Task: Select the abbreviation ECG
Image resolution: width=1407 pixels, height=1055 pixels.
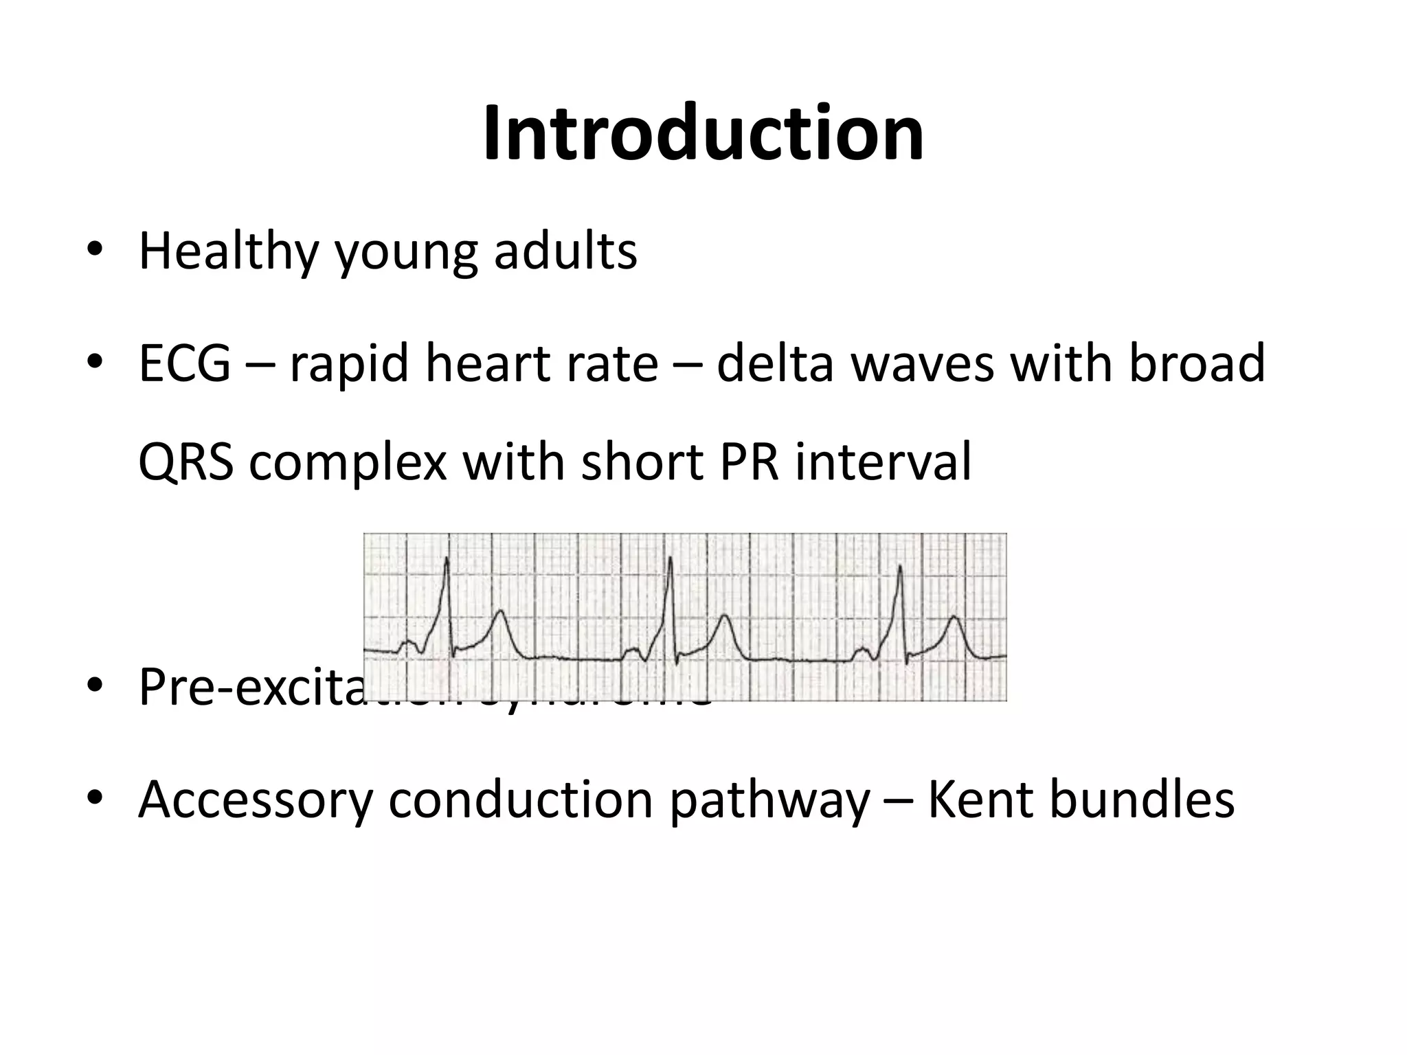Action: pos(184,363)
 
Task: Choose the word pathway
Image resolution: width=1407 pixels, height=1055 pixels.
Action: pos(769,801)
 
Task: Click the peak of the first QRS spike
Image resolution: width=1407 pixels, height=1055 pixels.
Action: pos(447,559)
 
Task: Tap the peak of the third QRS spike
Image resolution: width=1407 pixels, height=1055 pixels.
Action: pos(899,566)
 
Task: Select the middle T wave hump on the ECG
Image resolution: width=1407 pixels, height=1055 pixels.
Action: pos(723,617)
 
